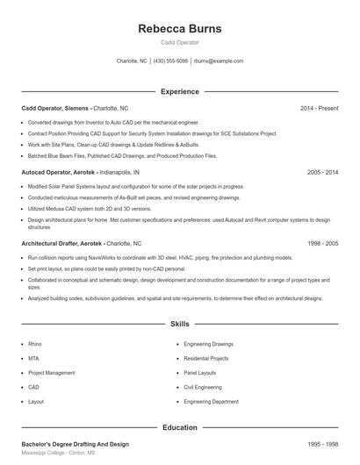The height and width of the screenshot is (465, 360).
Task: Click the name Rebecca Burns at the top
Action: (x=180, y=28)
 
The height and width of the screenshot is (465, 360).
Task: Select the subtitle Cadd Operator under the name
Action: (x=180, y=42)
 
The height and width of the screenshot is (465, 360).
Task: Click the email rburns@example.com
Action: (x=218, y=61)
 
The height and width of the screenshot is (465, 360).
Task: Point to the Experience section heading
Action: (x=180, y=91)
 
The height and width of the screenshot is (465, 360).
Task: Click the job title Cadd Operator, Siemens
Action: (x=56, y=108)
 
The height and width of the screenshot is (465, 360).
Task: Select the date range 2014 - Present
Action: (x=319, y=108)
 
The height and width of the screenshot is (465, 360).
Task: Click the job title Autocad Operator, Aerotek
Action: (x=58, y=173)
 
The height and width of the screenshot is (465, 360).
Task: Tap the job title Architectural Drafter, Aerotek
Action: (x=62, y=241)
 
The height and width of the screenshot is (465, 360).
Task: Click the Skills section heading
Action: (x=180, y=324)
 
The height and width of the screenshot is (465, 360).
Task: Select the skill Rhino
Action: (x=35, y=344)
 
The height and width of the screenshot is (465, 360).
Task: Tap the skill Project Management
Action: (x=51, y=372)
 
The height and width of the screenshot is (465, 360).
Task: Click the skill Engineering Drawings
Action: (x=208, y=344)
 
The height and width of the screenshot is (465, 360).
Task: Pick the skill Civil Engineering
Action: (x=203, y=386)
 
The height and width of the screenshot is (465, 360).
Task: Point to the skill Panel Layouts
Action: (x=201, y=372)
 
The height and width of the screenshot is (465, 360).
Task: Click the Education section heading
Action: (x=180, y=427)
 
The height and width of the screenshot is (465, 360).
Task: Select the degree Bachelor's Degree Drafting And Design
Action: (x=75, y=445)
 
